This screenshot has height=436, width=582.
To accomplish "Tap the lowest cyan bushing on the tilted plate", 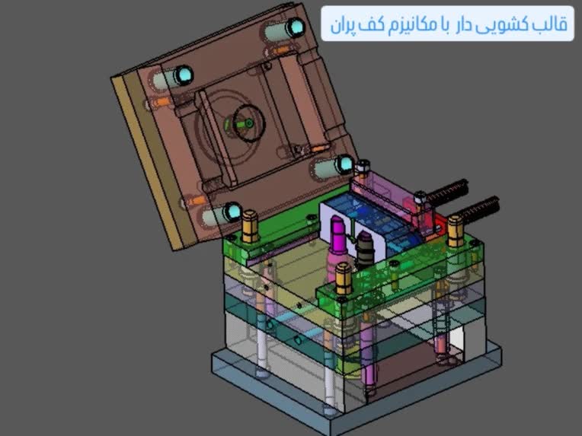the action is point(233,212).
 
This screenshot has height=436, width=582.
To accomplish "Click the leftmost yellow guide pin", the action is point(250,226).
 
